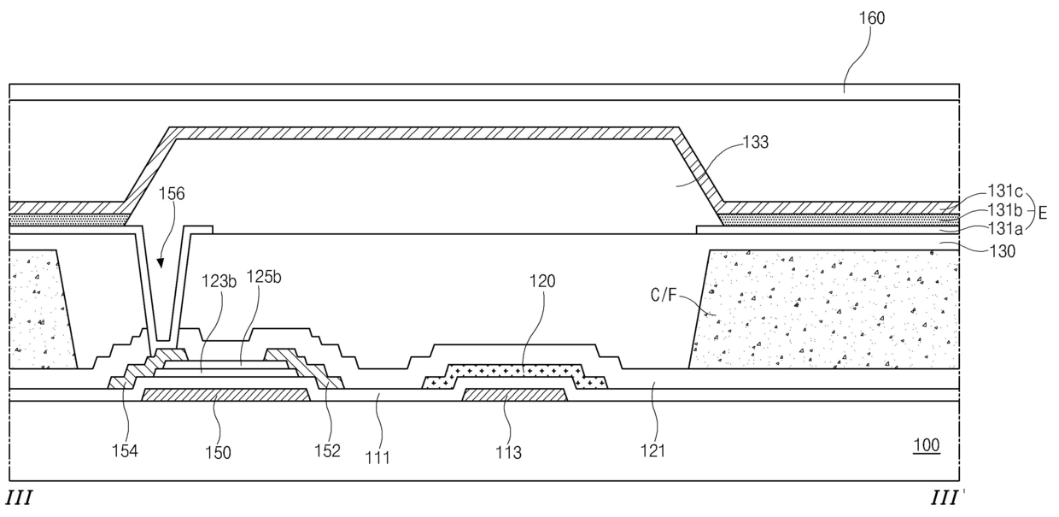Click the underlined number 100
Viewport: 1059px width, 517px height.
926,445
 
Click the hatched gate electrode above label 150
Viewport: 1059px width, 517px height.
225,394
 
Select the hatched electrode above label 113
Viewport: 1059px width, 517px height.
515,394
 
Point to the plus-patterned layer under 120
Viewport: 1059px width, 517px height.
515,373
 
